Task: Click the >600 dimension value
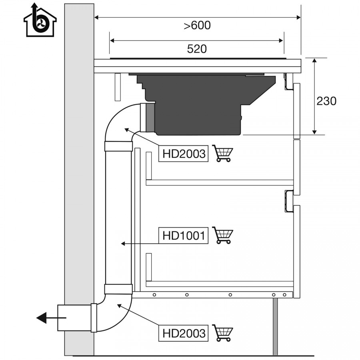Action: pos(197,25)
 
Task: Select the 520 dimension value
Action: pos(197,49)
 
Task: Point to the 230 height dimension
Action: pos(326,101)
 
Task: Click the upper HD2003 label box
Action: pos(184,153)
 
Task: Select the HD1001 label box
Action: pos(184,235)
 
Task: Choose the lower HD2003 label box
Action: pos(184,333)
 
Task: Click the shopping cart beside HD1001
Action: pos(222,235)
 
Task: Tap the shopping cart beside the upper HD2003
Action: pos(222,153)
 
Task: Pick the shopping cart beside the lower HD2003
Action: pos(222,333)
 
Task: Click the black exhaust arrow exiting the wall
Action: pos(51,318)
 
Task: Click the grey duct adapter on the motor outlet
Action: pos(150,118)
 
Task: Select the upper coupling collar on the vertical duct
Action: pos(118,146)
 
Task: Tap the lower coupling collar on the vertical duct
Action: pos(118,289)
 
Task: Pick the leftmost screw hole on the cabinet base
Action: pos(154,295)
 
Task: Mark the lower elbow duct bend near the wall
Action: pos(115,313)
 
